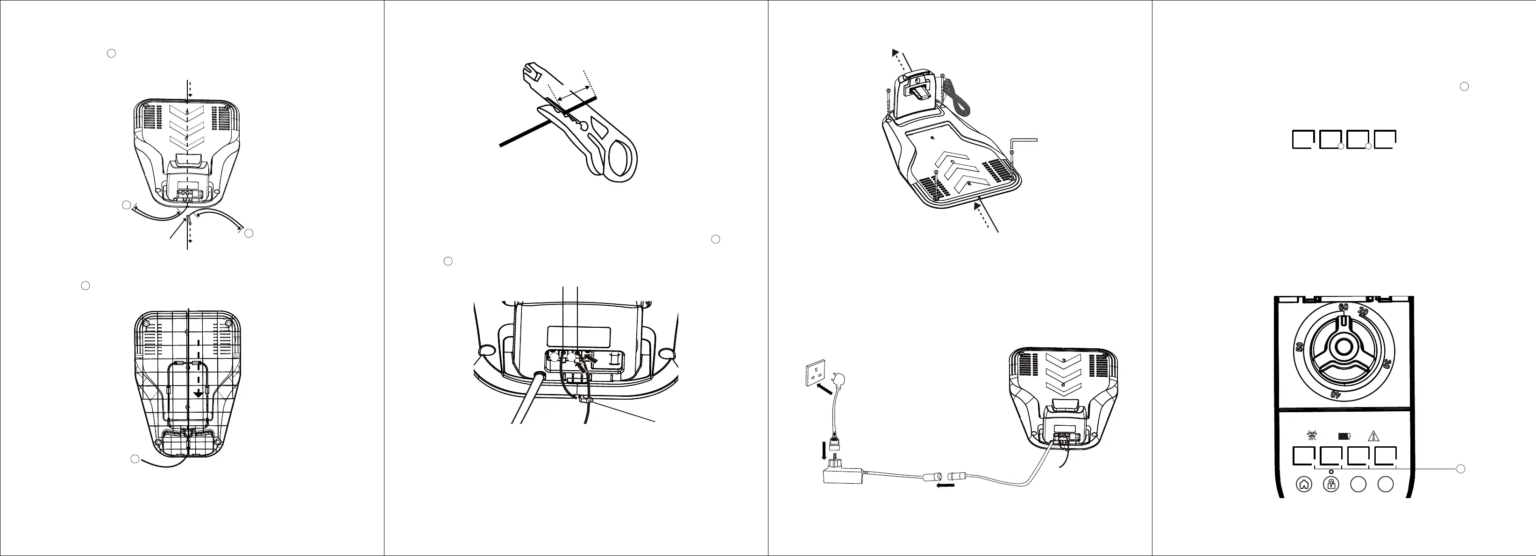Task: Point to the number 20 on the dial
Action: pos(1363,312)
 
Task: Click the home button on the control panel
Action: pos(1304,485)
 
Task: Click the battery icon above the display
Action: pos(1344,436)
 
